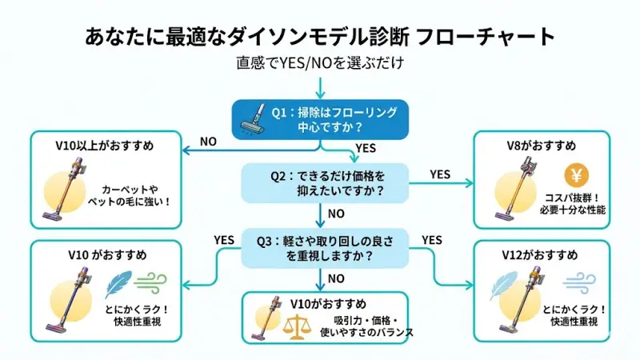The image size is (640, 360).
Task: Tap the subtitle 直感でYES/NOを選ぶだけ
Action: pyautogui.click(x=319, y=63)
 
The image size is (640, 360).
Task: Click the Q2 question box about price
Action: pyautogui.click(x=325, y=183)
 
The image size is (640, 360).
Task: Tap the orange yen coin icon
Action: pyautogui.click(x=575, y=174)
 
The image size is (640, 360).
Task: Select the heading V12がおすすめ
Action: pyautogui.click(x=541, y=255)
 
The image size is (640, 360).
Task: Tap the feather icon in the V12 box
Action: pyautogui.click(x=505, y=285)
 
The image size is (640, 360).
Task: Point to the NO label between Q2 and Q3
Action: pyautogui.click(x=336, y=214)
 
